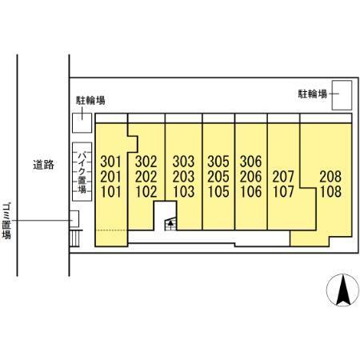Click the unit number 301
tap(110, 162)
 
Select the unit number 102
tap(146, 192)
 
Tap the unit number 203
tap(183, 177)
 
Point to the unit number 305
tap(218, 162)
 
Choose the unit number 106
tap(251, 192)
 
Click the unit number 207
tap(283, 177)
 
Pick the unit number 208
tap(330, 177)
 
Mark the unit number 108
tap(330, 192)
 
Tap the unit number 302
tap(146, 162)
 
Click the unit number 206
tap(251, 177)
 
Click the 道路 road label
tap(43, 165)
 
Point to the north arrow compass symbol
tap(343, 290)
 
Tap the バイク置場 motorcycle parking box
tap(82, 172)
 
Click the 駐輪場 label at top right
tap(312, 94)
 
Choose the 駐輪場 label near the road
tap(90, 100)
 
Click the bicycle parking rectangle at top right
tap(342, 95)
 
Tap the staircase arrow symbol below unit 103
tap(170, 224)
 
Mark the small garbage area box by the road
tap(74, 219)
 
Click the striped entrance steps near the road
tap(74, 238)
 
